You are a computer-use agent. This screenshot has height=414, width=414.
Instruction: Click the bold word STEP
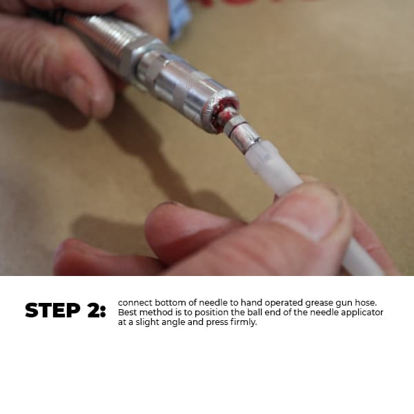tap(52, 310)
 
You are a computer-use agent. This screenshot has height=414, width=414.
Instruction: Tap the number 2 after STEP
tap(93, 310)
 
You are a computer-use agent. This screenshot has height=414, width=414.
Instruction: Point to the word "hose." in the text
tap(366, 303)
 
